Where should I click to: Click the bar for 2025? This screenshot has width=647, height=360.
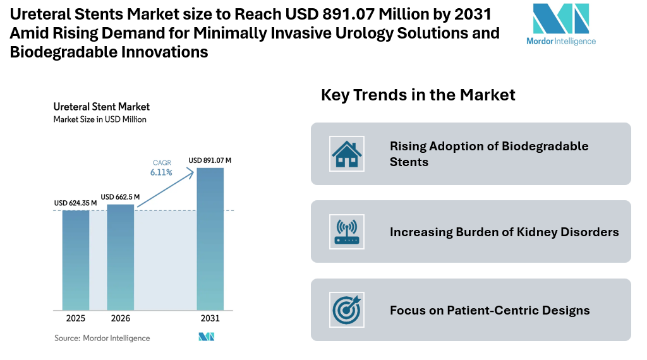coord(75,260)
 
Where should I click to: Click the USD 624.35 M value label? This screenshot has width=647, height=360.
coord(75,203)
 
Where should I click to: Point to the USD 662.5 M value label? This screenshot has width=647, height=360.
coord(120,196)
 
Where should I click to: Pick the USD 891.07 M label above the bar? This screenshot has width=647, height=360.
coord(210,160)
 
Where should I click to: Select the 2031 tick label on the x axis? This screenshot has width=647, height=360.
coord(210,318)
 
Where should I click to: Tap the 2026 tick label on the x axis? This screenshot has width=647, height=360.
coord(120,318)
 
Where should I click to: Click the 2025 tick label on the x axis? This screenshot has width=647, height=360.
coord(75,318)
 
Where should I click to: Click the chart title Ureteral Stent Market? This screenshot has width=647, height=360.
coord(101,107)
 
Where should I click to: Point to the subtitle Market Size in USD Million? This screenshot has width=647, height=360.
coord(99,119)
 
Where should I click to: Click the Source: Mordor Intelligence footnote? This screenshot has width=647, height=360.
coord(102,338)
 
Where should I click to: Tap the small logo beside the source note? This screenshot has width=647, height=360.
coord(207,337)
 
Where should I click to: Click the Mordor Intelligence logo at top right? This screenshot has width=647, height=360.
coord(560,25)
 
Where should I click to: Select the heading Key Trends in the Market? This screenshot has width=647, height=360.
coord(418,95)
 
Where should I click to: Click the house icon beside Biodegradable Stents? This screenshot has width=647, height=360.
coord(346,153)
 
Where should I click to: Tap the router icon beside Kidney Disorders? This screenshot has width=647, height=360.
coord(346,231)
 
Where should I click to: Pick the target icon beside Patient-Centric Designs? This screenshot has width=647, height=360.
coord(346,309)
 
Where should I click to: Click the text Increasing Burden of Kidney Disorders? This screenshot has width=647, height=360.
coord(504,232)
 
